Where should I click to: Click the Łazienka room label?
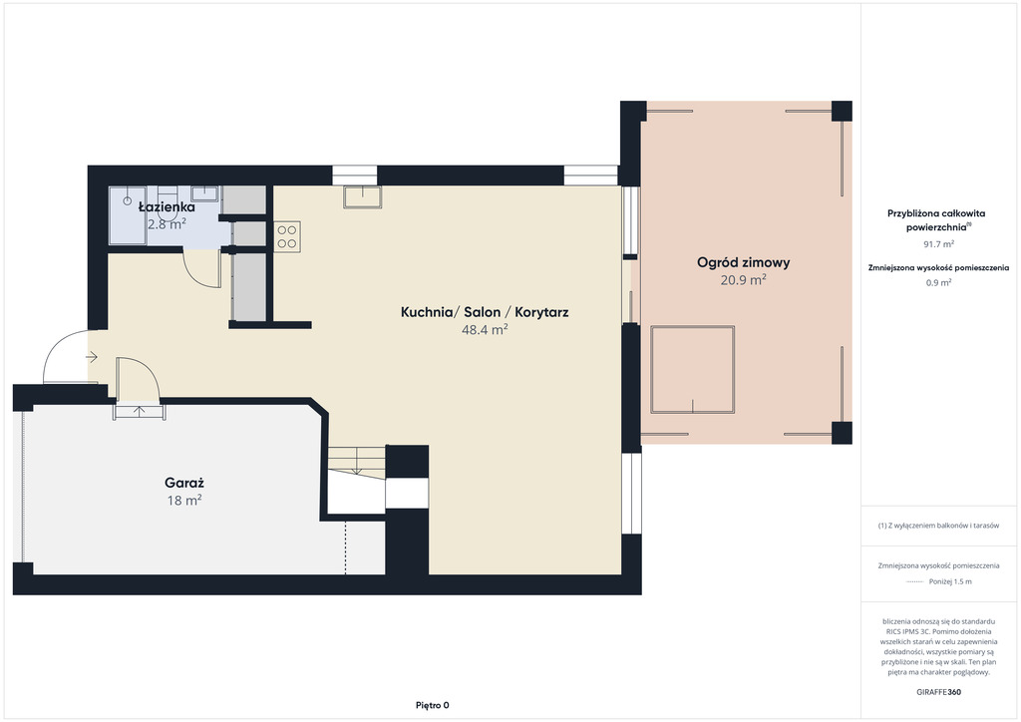click(167, 207)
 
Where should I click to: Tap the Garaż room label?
click(184, 483)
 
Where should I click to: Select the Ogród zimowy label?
click(744, 262)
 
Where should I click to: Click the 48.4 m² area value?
click(485, 329)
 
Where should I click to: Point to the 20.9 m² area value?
click(743, 280)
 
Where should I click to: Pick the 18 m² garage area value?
click(184, 500)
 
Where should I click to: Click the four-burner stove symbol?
click(287, 237)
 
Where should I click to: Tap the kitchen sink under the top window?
click(363, 196)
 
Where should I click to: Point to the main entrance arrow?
click(91, 357)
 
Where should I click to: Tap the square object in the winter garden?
click(693, 370)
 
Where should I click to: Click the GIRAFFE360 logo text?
click(938, 692)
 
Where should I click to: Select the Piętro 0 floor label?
click(433, 705)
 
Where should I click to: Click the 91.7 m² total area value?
click(938, 244)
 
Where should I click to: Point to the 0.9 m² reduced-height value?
click(938, 282)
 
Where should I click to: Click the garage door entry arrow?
click(140, 411)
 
